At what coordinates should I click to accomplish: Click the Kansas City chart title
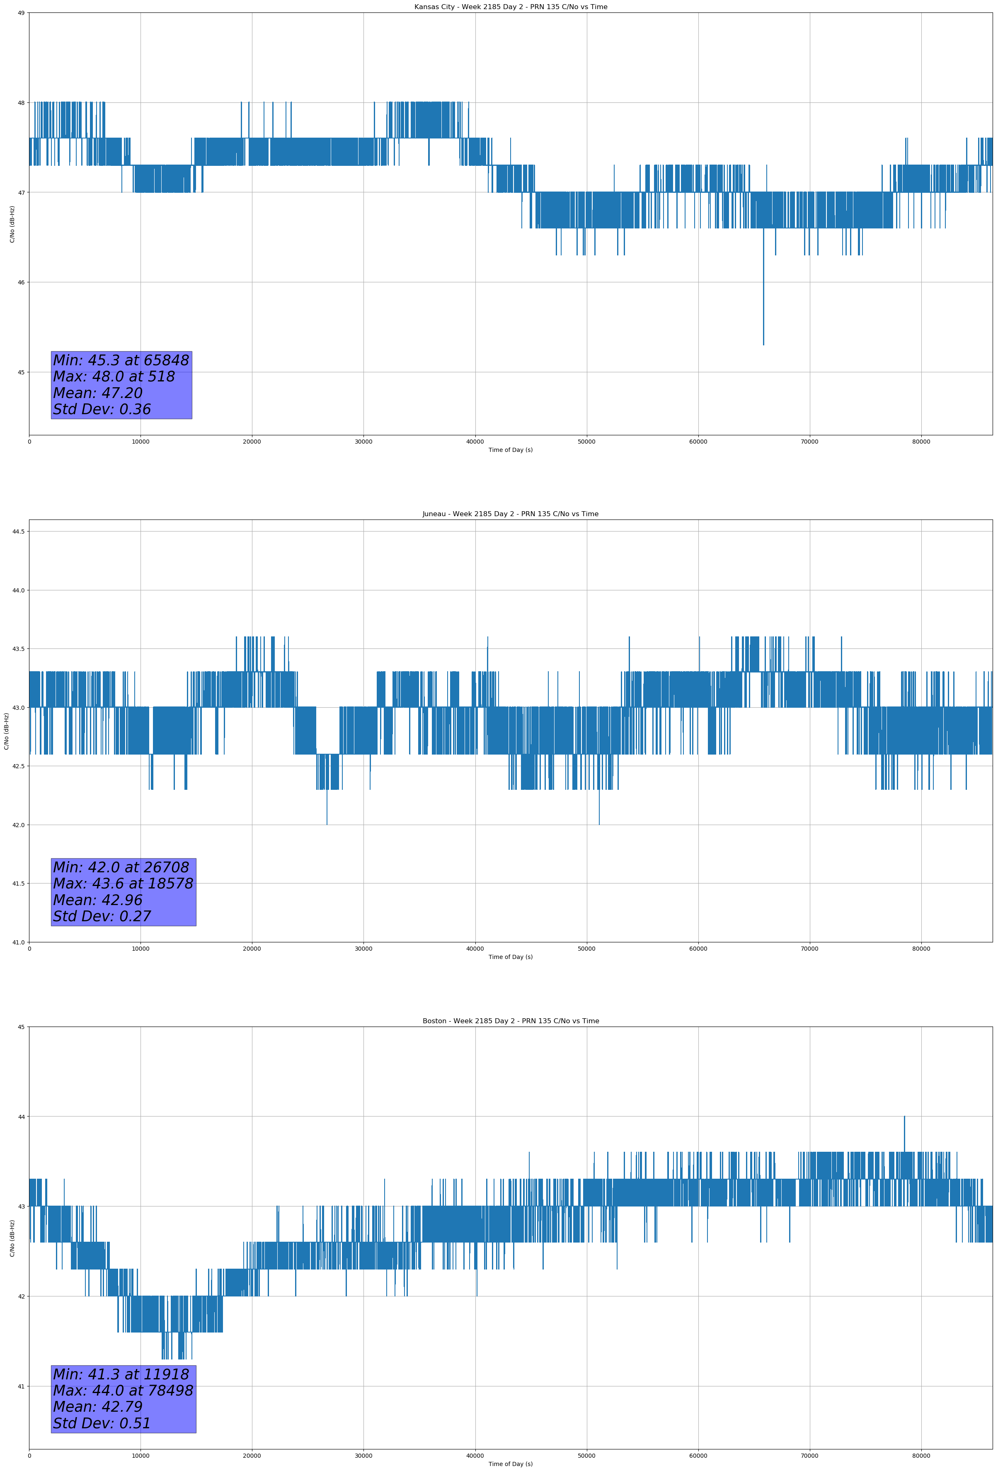510,7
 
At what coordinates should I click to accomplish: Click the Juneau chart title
510,514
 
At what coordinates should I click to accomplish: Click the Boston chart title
510,1021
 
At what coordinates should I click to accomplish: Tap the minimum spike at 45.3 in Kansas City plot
763,342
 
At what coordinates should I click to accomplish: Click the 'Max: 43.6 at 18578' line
123,884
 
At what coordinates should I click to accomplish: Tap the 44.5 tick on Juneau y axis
18,532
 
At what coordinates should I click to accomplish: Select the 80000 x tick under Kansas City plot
921,442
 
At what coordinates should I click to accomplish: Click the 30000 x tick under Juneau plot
363,949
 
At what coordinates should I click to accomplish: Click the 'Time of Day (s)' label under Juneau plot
510,957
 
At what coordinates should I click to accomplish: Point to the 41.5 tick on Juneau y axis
18,884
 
